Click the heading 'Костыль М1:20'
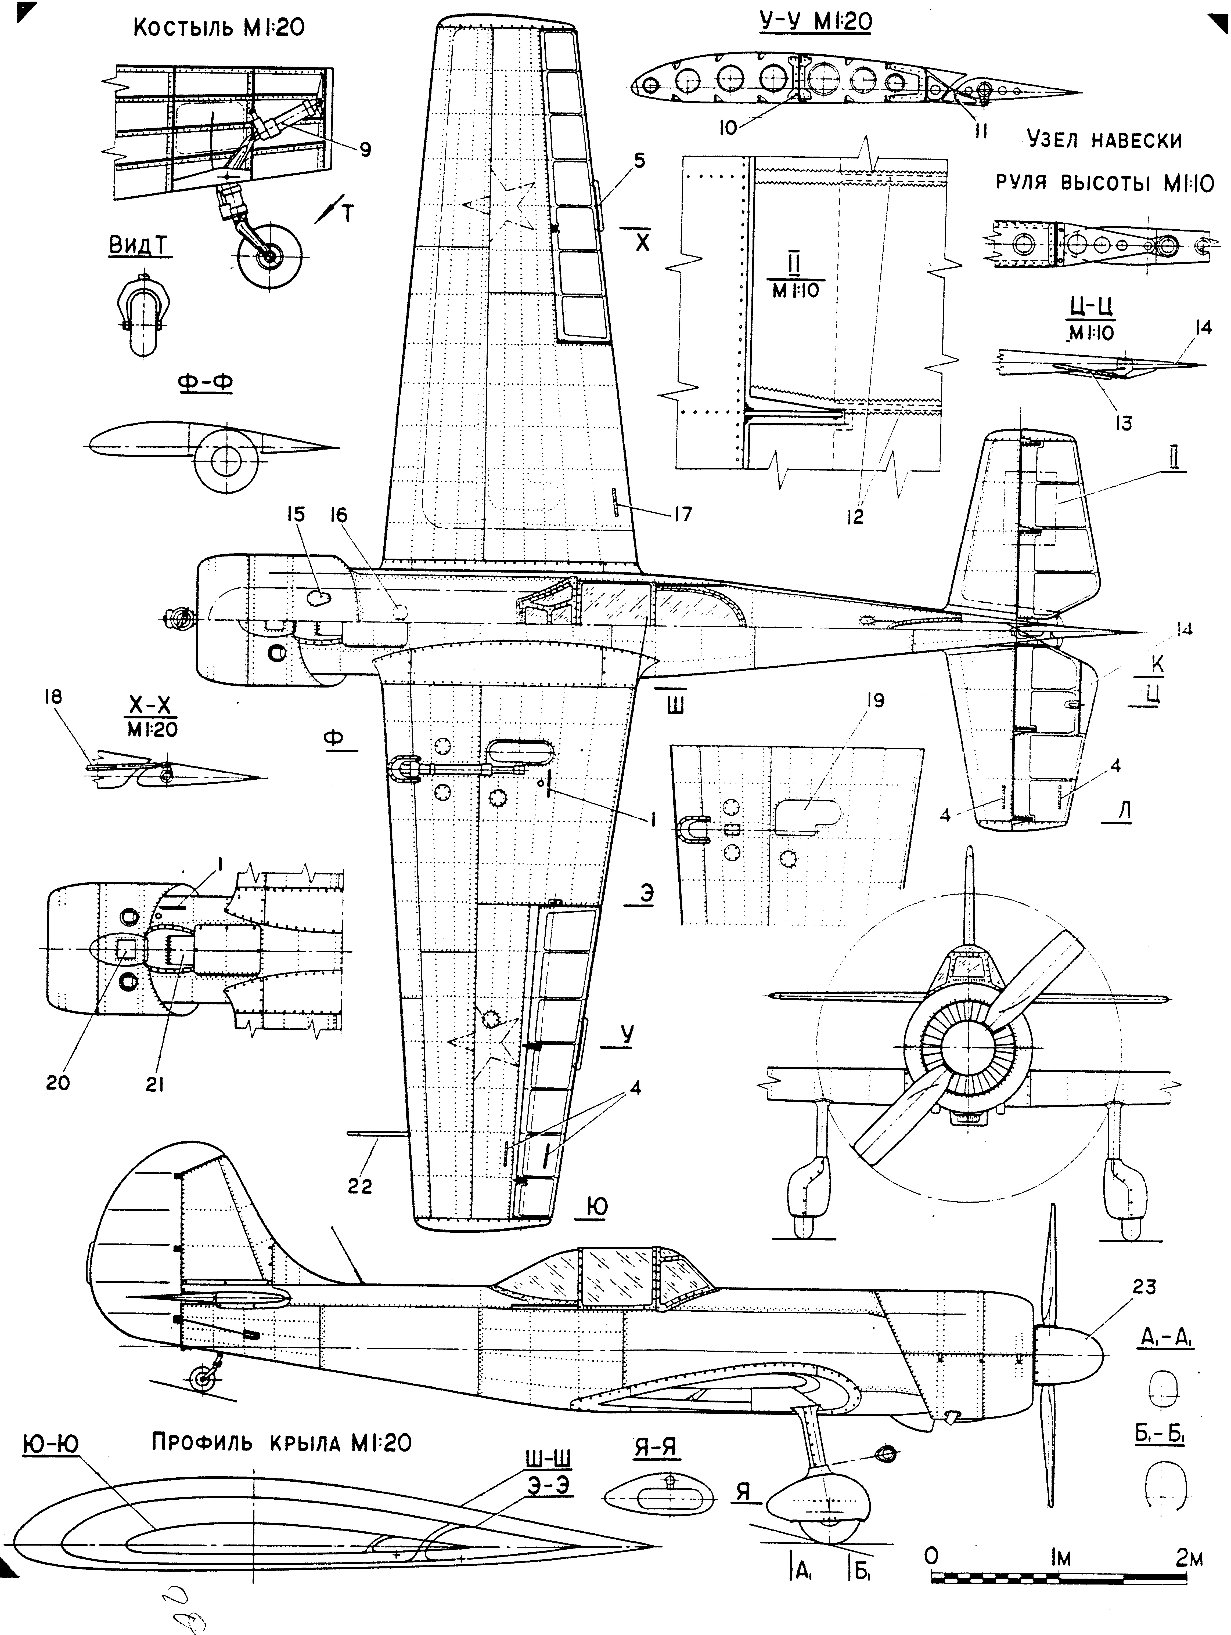[x=219, y=28]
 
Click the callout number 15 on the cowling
[x=296, y=515]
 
